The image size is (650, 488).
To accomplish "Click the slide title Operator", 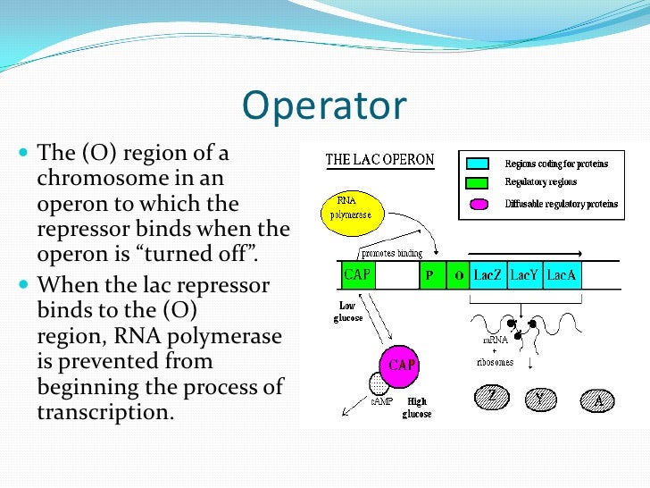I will point(324,105).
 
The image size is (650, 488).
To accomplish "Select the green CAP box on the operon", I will point(358,275).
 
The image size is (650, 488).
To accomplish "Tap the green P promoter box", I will point(430,275).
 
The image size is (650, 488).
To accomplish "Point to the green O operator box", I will point(458,275).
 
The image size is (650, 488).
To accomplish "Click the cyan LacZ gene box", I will point(487,275).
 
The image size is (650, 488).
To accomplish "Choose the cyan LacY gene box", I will point(525,275).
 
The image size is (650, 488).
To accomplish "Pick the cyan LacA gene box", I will point(562,275).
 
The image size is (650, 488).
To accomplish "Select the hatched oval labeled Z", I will point(489,396).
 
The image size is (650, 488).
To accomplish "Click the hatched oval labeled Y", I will point(541,396).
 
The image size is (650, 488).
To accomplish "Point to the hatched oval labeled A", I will point(597,400).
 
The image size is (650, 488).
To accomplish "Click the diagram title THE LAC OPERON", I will point(379,161).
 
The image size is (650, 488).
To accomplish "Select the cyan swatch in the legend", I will point(477,164).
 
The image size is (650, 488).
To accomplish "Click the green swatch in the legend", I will point(477,182).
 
